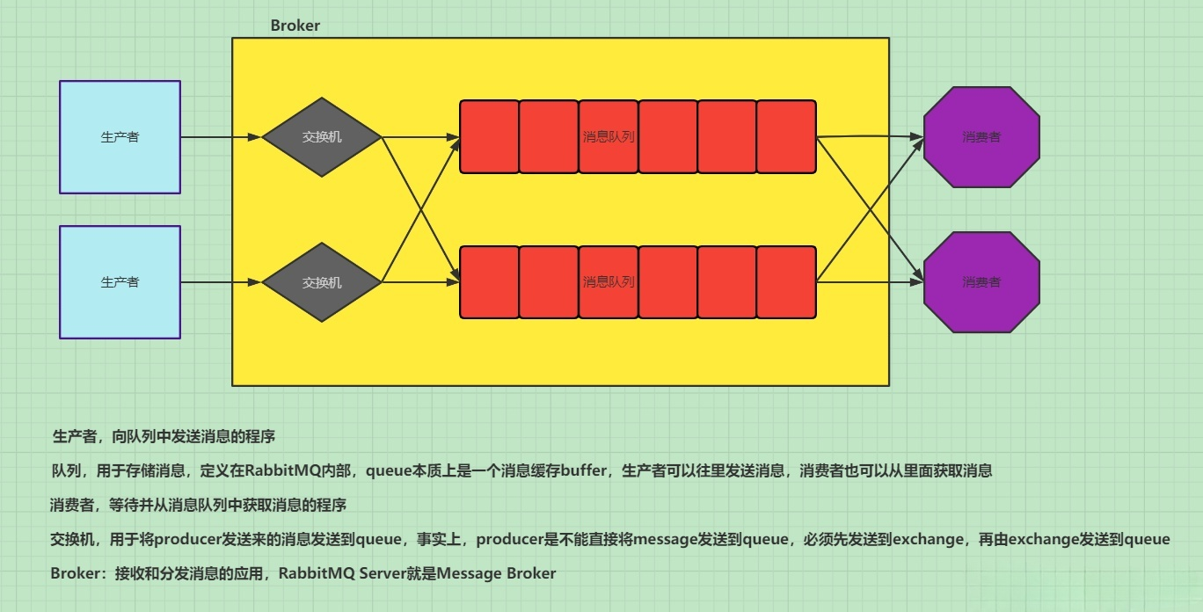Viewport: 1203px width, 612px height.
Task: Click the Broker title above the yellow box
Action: point(295,25)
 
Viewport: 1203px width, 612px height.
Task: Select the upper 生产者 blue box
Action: point(120,137)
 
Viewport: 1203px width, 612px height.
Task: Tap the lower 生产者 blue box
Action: point(120,282)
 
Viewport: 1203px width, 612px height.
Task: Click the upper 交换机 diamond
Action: point(322,137)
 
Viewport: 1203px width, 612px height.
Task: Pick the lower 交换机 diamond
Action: point(322,282)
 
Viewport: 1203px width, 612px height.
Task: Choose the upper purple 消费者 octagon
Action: point(981,137)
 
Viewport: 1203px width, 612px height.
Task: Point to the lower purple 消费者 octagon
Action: point(981,282)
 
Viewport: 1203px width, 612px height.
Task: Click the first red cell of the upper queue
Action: point(489,137)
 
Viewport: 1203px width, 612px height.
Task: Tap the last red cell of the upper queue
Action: point(786,137)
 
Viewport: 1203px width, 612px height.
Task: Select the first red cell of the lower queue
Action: point(489,282)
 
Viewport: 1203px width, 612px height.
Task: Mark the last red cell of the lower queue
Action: point(786,282)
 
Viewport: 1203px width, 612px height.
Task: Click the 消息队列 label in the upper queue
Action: point(609,137)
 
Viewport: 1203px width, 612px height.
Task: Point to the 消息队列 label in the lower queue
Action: point(609,282)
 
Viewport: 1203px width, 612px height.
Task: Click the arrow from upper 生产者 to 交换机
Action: point(221,137)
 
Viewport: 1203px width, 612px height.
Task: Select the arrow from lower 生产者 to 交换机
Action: point(221,282)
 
